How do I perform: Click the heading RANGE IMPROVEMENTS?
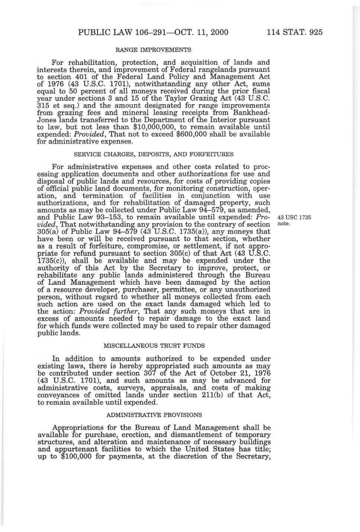pos(154,49)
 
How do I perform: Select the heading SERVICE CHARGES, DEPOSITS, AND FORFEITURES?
pos(154,154)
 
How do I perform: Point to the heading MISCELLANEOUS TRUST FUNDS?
pos(154,346)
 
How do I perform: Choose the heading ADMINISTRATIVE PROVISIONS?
pos(154,415)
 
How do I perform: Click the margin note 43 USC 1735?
pos(294,218)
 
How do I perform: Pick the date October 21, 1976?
pos(241,373)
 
